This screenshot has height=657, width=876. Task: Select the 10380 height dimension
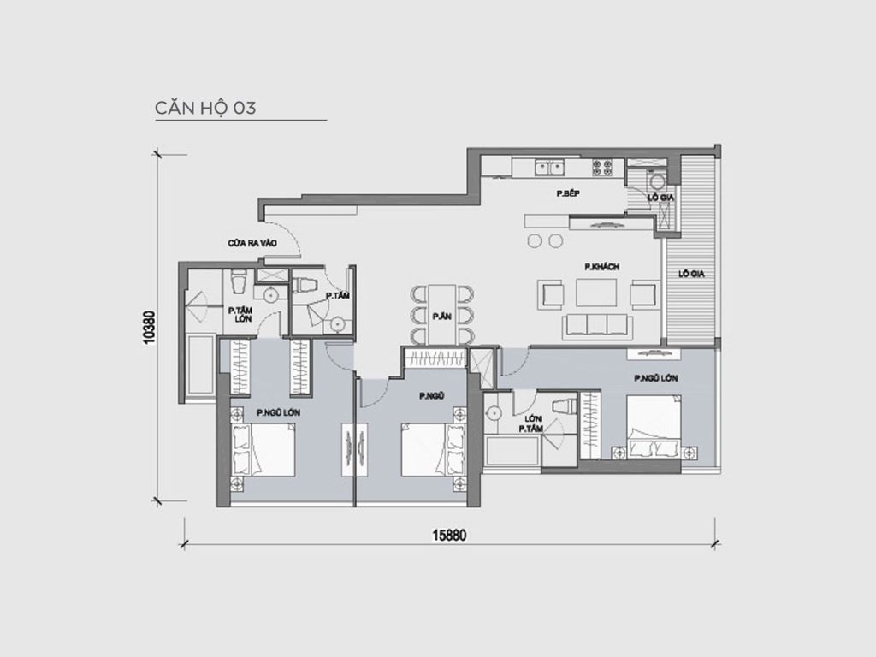click(x=151, y=326)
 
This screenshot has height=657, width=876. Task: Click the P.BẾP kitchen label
click(x=568, y=195)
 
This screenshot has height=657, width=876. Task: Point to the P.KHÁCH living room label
click(x=601, y=268)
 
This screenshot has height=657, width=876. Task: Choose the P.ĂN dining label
click(x=441, y=316)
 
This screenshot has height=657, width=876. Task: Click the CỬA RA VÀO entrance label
click(x=252, y=243)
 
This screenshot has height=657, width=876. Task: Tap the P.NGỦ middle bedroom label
click(x=430, y=396)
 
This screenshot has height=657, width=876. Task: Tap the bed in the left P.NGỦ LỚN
click(x=263, y=452)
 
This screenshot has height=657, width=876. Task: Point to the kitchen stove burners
click(x=602, y=167)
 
